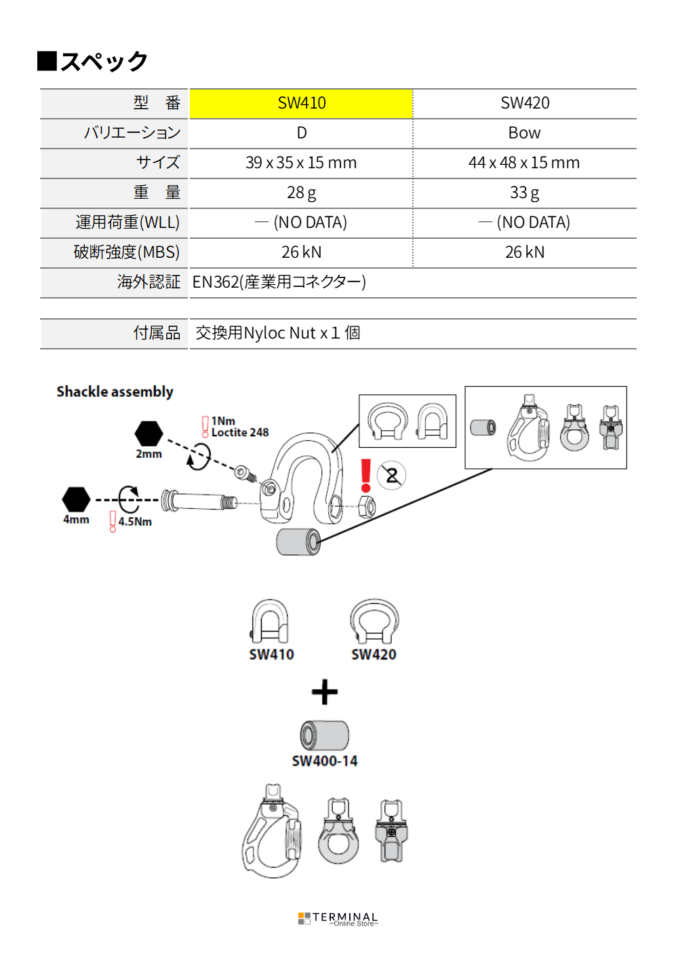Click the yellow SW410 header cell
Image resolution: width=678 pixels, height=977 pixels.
pyautogui.click(x=301, y=103)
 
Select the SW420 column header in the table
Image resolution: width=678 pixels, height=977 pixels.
pyautogui.click(x=525, y=103)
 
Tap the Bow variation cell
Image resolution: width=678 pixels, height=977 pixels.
pyautogui.click(x=525, y=133)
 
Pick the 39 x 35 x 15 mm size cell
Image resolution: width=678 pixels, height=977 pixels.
pyautogui.click(x=301, y=163)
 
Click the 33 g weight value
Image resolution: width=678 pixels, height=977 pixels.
pyautogui.click(x=525, y=193)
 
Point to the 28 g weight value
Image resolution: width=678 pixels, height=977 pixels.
pyautogui.click(x=301, y=193)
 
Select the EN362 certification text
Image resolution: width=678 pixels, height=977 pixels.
pyautogui.click(x=279, y=282)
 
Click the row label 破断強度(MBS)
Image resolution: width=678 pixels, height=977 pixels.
pyautogui.click(x=127, y=252)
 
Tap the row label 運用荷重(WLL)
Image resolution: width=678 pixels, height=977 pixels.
pyautogui.click(x=127, y=223)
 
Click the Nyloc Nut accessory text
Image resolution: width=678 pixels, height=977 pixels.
pyautogui.click(x=277, y=333)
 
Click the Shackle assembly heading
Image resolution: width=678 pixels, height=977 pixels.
pyautogui.click(x=115, y=391)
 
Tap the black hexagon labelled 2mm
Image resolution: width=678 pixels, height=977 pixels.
pyautogui.click(x=148, y=434)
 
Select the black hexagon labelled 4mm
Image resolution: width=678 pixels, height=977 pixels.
pyautogui.click(x=76, y=499)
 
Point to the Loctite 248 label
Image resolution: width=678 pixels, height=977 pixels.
pyautogui.click(x=240, y=432)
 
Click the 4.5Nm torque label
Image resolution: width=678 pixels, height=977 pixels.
pyautogui.click(x=135, y=522)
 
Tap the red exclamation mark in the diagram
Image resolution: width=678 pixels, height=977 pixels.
pyautogui.click(x=366, y=475)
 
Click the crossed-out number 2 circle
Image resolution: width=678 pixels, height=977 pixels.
pyautogui.click(x=392, y=475)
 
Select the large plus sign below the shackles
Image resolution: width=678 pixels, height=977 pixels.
pyautogui.click(x=325, y=692)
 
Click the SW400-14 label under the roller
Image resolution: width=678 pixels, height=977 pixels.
pyautogui.click(x=325, y=761)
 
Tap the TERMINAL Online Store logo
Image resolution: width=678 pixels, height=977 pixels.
pyautogui.click(x=338, y=919)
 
